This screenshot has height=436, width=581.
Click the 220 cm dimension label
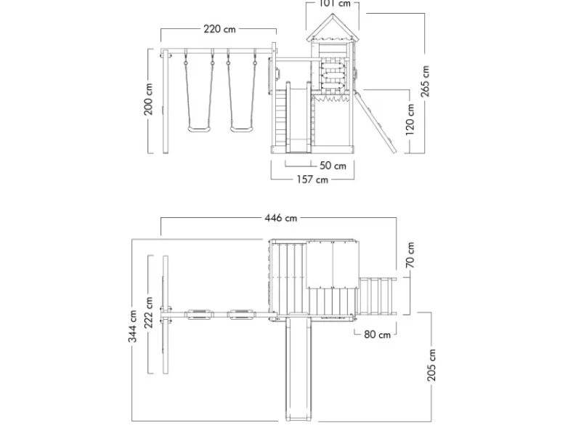click(219, 29)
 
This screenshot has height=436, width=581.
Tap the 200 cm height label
click(148, 99)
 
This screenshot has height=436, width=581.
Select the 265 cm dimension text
click(425, 81)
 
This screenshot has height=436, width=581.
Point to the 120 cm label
click(410, 119)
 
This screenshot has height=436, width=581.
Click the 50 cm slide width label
click(333, 166)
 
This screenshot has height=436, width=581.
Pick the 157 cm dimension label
click(312, 179)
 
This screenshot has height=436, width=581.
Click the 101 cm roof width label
click(335, 4)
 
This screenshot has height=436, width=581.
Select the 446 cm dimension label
click(281, 217)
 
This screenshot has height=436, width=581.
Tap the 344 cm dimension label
click(133, 326)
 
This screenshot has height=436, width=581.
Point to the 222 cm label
click(148, 312)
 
